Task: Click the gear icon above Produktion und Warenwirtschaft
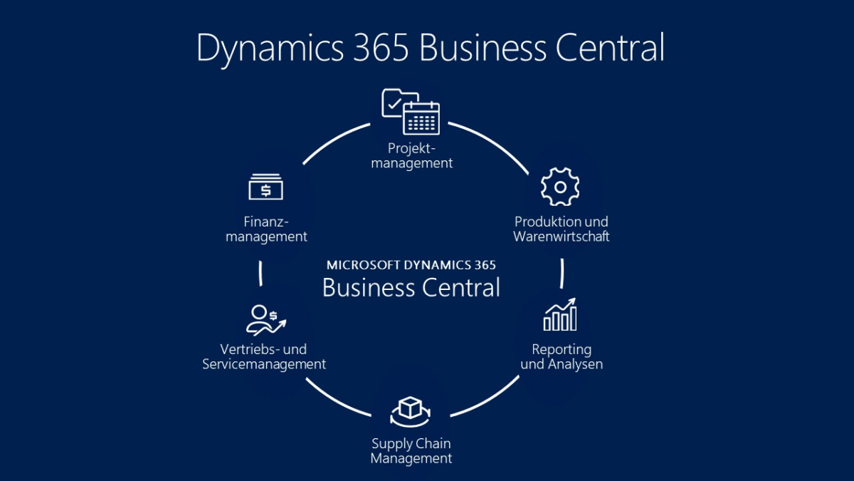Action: (560, 187)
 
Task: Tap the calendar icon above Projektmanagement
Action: (421, 118)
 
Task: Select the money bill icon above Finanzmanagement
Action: (265, 187)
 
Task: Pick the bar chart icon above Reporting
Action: (560, 315)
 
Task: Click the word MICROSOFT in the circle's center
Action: (363, 264)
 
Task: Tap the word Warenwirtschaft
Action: (562, 237)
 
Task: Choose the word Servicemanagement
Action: (264, 364)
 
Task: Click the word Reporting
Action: (562, 349)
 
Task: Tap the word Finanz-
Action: (266, 222)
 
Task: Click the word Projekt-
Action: (411, 148)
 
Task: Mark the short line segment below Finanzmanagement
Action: (261, 273)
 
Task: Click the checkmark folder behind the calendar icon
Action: (393, 103)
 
